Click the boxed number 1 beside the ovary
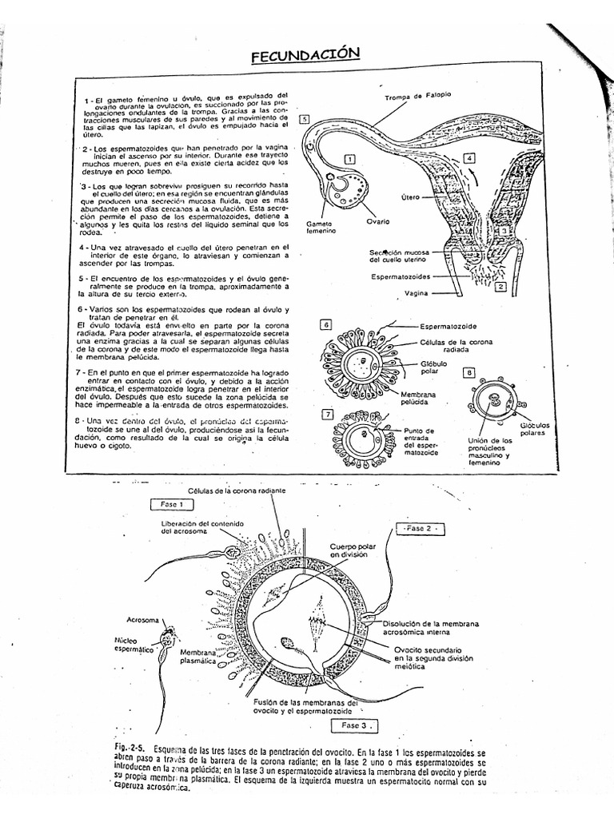[x=349, y=158]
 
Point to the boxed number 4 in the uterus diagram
[x=470, y=158]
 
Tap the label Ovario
[x=379, y=221]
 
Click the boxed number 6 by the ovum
[x=325, y=324]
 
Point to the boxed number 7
[x=327, y=414]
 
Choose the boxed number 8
[x=469, y=372]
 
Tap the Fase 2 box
[x=420, y=529]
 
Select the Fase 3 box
[x=352, y=725]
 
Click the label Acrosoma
[x=142, y=620]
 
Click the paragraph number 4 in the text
[x=82, y=247]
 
